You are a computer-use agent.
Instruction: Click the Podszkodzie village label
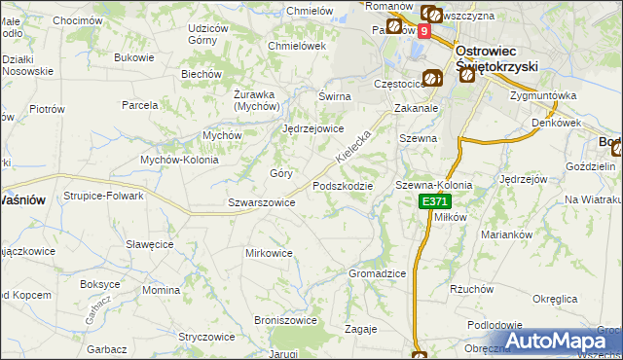[342, 186]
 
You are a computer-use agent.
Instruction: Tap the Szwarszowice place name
[261, 202]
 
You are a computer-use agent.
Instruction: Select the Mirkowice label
[269, 253]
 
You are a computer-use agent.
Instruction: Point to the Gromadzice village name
[377, 273]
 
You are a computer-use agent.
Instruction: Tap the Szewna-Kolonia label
[433, 185]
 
